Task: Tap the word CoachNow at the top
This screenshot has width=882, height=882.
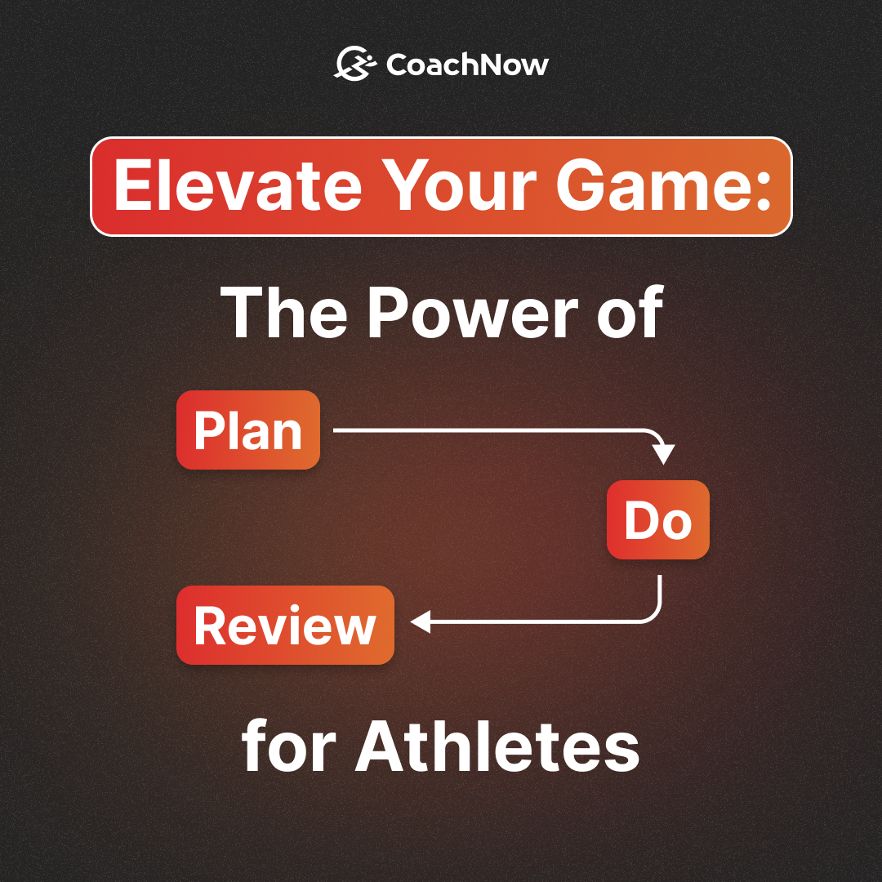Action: (x=467, y=65)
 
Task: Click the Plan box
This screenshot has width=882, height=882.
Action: (x=248, y=430)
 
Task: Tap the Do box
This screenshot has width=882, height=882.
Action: (x=657, y=520)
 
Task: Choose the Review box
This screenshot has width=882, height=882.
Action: (x=285, y=625)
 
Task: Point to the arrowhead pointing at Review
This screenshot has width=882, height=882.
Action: (x=420, y=623)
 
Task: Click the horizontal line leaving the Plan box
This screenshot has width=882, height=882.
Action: (x=490, y=430)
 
